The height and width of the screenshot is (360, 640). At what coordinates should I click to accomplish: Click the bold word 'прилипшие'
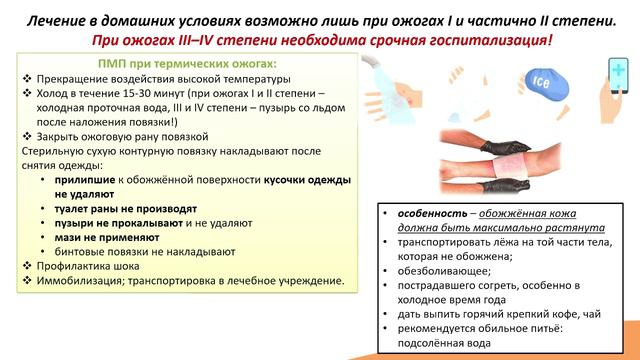click(x=98, y=180)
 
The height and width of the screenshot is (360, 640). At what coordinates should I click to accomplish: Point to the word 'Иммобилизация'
click(x=82, y=281)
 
